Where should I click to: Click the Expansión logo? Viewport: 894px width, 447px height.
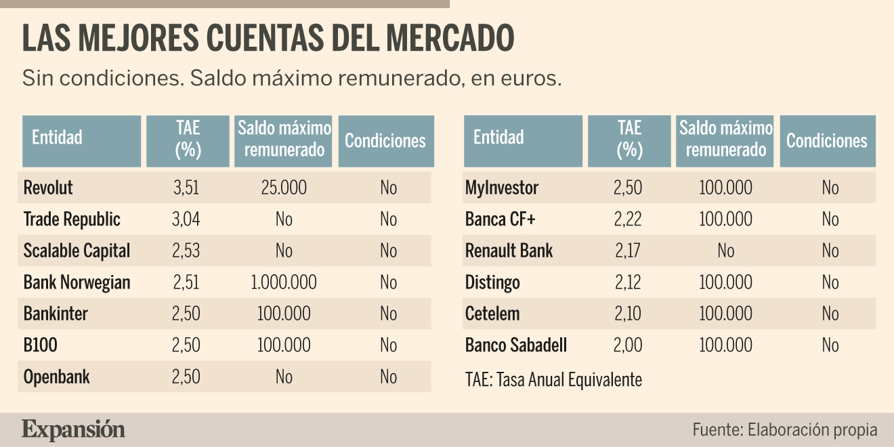point(73,430)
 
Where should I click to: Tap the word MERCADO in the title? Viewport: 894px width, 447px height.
point(450,38)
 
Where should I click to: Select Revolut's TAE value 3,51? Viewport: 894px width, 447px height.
point(186,188)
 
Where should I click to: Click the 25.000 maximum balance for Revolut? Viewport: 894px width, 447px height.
point(284,188)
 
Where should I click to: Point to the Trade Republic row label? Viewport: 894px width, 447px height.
point(72,219)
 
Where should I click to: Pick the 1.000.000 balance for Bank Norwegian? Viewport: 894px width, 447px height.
point(284,282)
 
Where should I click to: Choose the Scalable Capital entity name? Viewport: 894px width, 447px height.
point(77,251)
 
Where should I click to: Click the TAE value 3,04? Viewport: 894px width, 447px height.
point(186,219)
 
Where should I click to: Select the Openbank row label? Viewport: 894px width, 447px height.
point(57,377)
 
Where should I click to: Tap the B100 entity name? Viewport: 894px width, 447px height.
point(41,345)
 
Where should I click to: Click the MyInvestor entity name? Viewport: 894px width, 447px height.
point(502,188)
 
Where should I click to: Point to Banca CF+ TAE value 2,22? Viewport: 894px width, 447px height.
point(628,219)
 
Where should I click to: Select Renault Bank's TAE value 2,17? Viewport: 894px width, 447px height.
point(628,251)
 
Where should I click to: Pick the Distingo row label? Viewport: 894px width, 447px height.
point(492,282)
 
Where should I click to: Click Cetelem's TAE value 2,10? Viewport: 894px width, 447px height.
point(628,314)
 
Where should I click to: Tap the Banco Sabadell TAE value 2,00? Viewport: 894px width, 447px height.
point(628,345)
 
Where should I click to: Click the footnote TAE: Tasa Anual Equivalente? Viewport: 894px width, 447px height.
point(553,379)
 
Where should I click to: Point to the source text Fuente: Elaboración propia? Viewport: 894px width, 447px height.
point(785,430)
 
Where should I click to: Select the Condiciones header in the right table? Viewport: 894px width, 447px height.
point(826,141)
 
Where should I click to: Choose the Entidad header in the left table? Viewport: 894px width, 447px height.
point(57,137)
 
